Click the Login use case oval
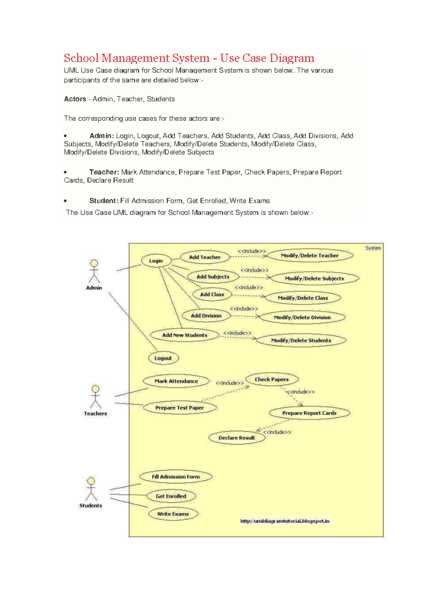click(156, 261)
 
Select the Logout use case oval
click(163, 358)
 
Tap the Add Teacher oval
click(205, 257)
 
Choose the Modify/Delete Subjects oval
click(314, 279)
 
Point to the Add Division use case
click(206, 316)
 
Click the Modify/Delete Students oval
click(301, 341)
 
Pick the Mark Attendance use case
click(176, 381)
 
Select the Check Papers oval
click(272, 379)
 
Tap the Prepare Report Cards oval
click(309, 413)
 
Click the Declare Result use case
click(237, 438)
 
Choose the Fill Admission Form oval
click(176, 477)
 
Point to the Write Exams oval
click(173, 514)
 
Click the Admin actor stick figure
click(94, 271)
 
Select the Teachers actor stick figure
click(96, 397)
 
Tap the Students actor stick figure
click(91, 489)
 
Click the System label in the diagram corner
click(373, 248)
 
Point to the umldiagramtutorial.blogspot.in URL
click(285, 521)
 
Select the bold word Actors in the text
click(75, 99)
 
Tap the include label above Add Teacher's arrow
click(252, 251)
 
